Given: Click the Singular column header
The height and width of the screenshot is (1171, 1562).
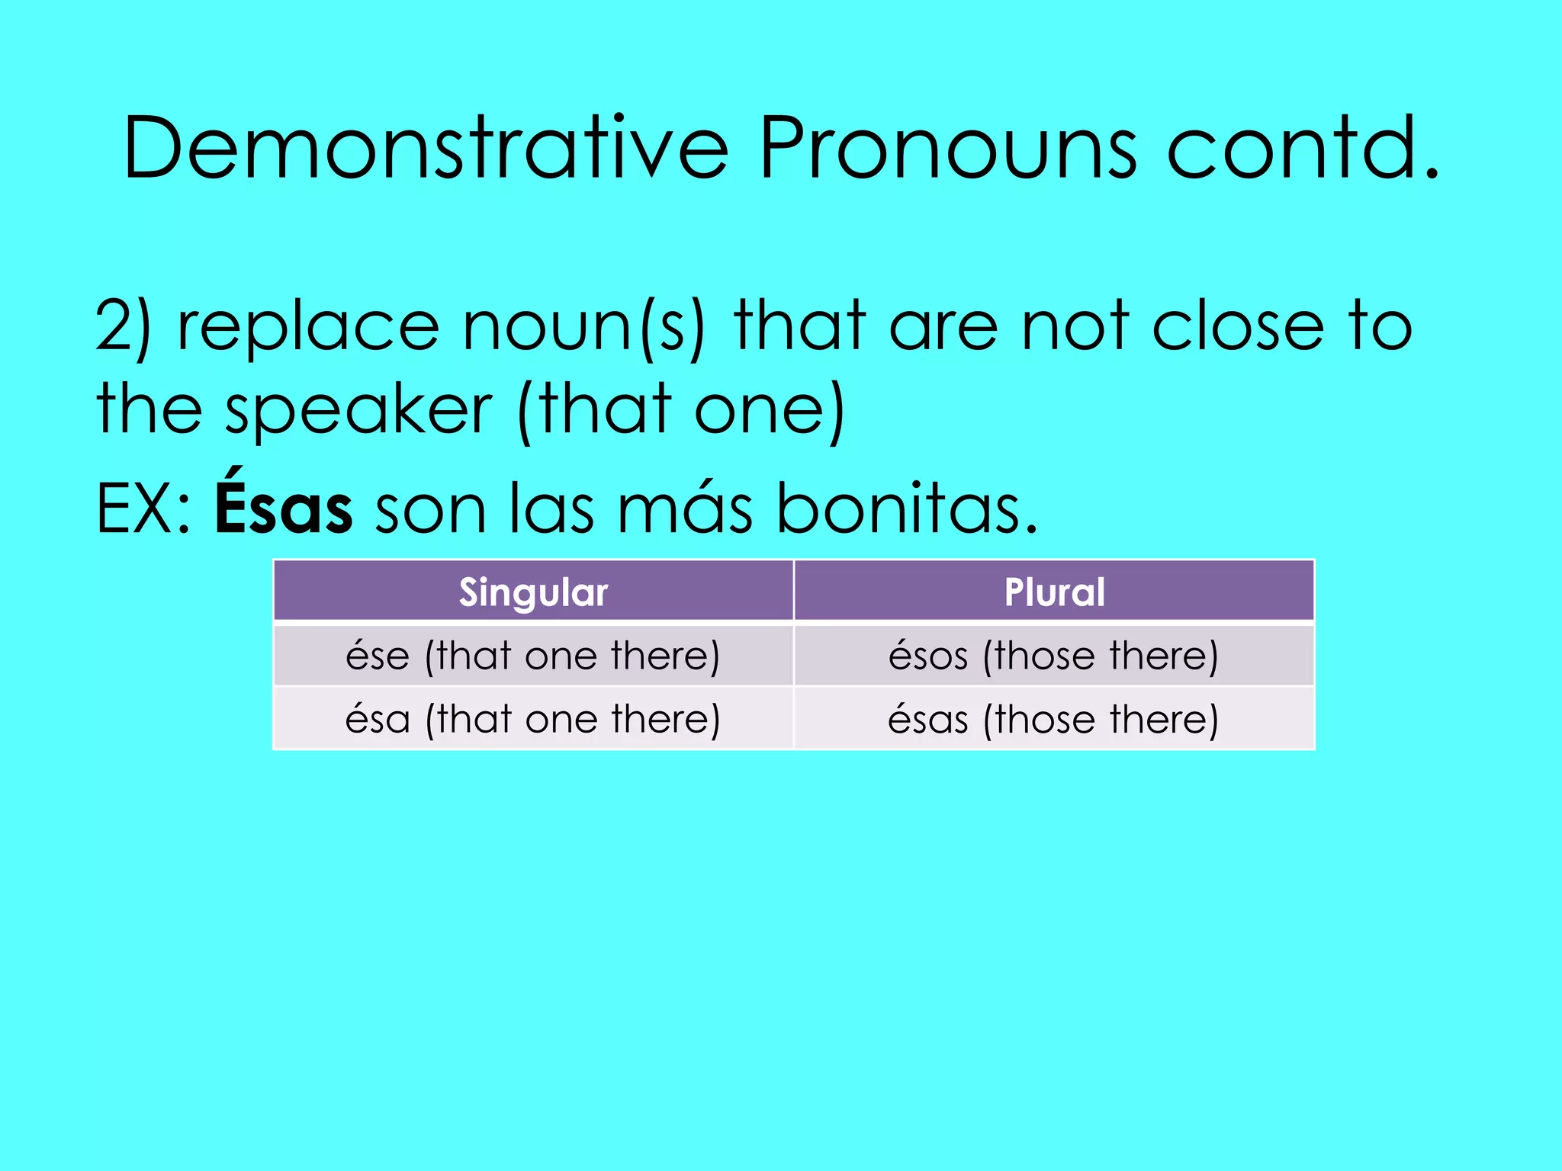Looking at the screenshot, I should [533, 592].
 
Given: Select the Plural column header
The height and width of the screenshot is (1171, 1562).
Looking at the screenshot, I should [1054, 592].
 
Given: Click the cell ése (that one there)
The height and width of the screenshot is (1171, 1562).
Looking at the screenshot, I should [533, 656].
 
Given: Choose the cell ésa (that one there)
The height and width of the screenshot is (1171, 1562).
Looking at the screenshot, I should [533, 719].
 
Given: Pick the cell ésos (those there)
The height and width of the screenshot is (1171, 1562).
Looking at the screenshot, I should [1054, 656].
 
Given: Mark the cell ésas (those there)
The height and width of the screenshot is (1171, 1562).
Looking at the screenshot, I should [1054, 719].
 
